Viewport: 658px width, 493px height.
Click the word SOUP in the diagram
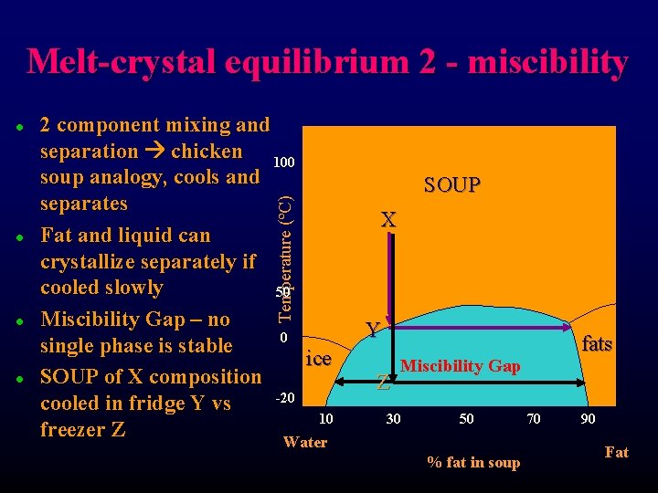pyautogui.click(x=451, y=185)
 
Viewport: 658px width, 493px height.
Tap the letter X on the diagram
pyautogui.click(x=388, y=220)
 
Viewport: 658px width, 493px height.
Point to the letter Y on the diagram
pyautogui.click(x=373, y=330)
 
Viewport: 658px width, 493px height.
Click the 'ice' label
pyautogui.click(x=318, y=359)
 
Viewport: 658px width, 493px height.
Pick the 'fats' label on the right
pyautogui.click(x=597, y=344)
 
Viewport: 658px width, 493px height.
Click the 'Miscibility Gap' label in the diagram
pyautogui.click(x=460, y=366)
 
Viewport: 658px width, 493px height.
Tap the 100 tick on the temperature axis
pyautogui.click(x=283, y=163)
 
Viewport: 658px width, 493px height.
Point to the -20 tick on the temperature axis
pyautogui.click(x=284, y=398)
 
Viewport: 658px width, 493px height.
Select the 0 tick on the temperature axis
pyautogui.click(x=283, y=339)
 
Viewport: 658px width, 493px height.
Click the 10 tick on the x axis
pyautogui.click(x=325, y=418)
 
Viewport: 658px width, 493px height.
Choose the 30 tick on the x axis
pyautogui.click(x=392, y=418)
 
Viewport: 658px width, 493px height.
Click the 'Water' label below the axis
pyautogui.click(x=304, y=443)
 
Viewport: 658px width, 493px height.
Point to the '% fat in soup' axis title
pyautogui.click(x=473, y=463)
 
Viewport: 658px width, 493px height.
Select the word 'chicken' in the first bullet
pyautogui.click(x=207, y=151)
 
